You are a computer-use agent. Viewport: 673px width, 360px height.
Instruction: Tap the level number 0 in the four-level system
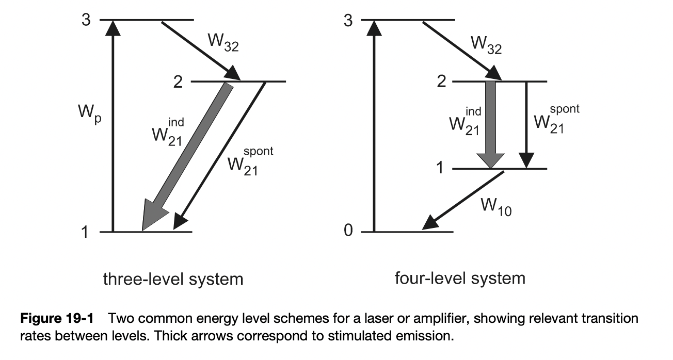point(348,232)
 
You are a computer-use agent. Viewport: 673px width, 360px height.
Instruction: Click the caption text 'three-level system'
point(173,279)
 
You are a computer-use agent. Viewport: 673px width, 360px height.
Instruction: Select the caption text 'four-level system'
point(460,279)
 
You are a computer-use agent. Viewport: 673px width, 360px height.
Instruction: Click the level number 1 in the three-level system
point(85,232)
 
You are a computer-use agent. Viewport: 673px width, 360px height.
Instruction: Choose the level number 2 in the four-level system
point(441,82)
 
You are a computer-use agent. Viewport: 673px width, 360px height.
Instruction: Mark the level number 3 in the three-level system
point(86,21)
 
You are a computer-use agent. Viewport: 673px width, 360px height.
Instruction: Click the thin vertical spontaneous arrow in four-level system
point(526,124)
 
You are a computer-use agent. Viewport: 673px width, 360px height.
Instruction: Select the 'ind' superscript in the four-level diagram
point(473,111)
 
